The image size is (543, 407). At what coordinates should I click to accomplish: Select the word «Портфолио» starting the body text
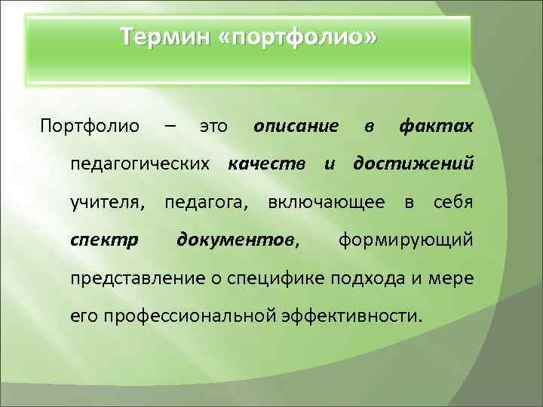(x=90, y=124)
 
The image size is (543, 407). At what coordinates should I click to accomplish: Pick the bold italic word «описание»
(x=296, y=124)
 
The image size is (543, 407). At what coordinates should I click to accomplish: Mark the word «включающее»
(x=330, y=202)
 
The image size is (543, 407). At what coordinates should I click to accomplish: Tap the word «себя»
(x=454, y=202)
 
